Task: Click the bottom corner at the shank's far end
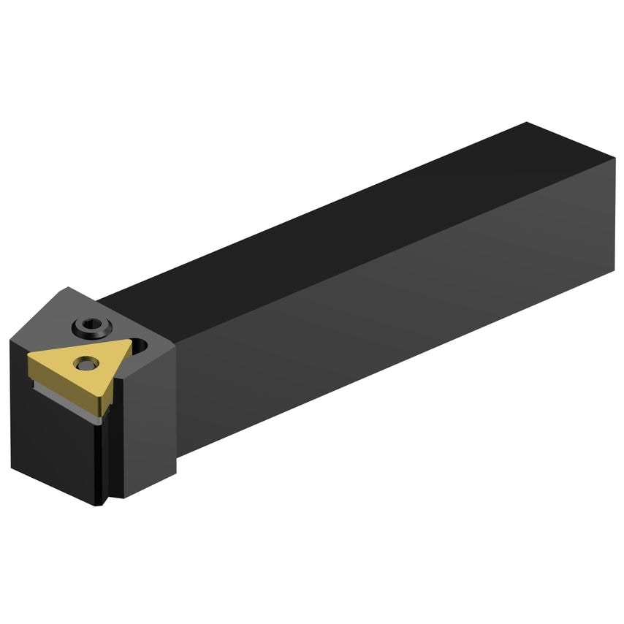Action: click(612, 272)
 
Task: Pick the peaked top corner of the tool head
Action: click(69, 287)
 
